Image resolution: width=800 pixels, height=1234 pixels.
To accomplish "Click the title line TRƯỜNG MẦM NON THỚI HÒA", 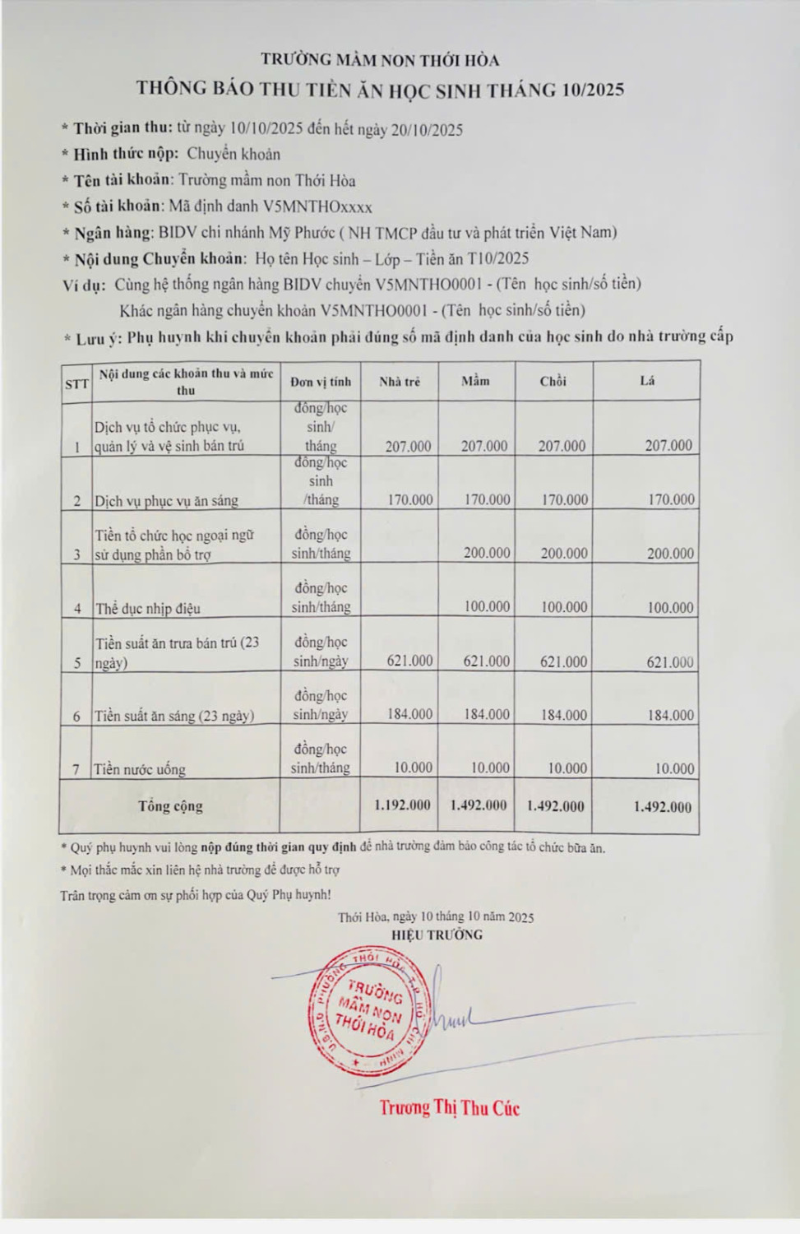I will coord(380,59).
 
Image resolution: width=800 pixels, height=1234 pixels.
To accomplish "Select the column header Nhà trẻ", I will coord(400,381).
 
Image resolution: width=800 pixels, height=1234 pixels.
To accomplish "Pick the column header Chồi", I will coord(553,381).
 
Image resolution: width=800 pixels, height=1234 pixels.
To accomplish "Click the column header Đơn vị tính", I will coord(321,381).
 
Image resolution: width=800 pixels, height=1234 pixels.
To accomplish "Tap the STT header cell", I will coord(76,383).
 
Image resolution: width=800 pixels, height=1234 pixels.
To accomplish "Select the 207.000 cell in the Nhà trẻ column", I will coord(408,446).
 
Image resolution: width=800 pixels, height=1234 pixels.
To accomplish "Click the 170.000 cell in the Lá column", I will coord(671,499).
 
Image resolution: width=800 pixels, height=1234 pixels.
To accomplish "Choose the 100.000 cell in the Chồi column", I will coord(564,607).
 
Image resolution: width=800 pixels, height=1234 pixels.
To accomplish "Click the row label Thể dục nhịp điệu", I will coord(148,609).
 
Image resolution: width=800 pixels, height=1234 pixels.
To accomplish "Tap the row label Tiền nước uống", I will coord(140,769).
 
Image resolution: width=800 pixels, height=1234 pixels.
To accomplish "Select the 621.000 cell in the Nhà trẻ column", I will coord(409,661).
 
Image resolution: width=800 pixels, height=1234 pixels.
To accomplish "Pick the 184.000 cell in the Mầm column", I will coord(487,714).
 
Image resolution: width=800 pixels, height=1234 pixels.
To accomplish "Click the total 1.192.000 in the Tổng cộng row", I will coord(402,805).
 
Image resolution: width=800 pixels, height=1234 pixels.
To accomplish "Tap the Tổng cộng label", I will coord(170,805).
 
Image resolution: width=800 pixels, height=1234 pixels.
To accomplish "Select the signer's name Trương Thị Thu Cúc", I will coord(449,1107).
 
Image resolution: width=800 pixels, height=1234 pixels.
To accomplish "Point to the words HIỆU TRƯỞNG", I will coord(437,935).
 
